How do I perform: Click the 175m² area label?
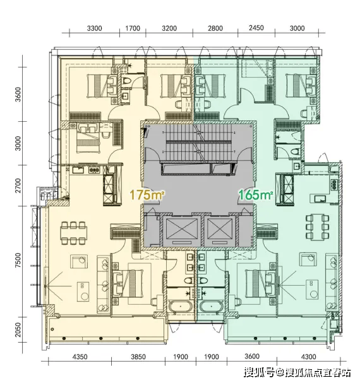coord(147,195)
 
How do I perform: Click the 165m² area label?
coord(256,195)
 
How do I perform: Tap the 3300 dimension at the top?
coord(94,28)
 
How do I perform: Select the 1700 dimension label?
coord(133,28)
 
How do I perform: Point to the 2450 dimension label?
coord(256,28)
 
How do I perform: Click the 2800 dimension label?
coord(215,28)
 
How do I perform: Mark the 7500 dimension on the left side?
coord(18,261)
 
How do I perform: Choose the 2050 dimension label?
coord(18,330)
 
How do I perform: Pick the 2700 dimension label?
coord(18,186)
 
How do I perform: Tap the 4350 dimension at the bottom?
coord(80,357)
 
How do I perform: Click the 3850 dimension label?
coord(138,357)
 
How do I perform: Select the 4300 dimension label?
coord(309,357)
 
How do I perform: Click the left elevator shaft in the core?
coord(182,231)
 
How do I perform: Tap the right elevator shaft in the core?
coord(220,231)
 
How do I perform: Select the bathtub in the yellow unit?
coord(181,306)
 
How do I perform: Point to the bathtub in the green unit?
coord(212,306)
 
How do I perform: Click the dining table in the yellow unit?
coord(74,233)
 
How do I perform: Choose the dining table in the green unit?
coord(318,227)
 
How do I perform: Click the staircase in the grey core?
coord(198,143)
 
